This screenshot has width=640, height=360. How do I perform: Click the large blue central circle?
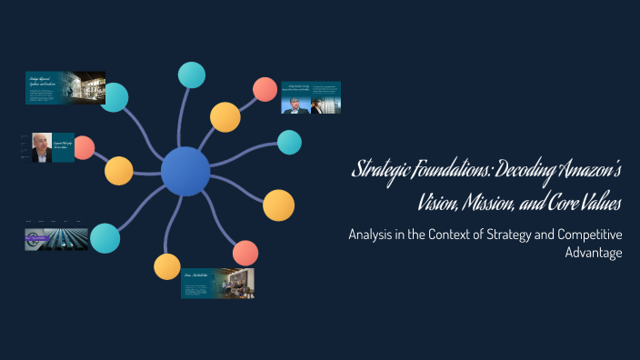[x=185, y=171]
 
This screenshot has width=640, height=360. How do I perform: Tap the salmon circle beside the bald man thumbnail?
[x=84, y=147]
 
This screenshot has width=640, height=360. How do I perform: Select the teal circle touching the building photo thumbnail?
[x=115, y=97]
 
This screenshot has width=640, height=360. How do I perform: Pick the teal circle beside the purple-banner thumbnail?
[x=105, y=237]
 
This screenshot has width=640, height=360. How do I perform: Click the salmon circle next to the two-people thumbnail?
[x=265, y=89]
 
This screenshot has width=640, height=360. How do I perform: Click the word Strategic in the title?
[x=381, y=170]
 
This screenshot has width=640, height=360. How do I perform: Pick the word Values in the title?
[x=605, y=202]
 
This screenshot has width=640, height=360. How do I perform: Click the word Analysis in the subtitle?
[x=375, y=235]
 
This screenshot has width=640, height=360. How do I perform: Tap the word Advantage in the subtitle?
[x=593, y=253]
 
